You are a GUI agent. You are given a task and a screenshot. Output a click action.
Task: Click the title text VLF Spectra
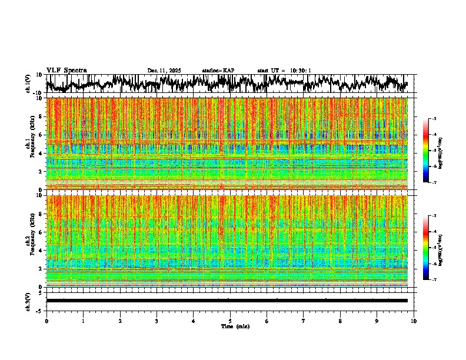[x=66, y=70]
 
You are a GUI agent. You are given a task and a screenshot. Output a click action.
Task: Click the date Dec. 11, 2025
[x=164, y=71]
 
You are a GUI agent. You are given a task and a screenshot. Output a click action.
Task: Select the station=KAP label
[x=218, y=71]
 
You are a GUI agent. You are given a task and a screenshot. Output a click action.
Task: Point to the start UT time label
[x=284, y=71]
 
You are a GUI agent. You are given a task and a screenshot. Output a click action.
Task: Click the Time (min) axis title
[x=235, y=326]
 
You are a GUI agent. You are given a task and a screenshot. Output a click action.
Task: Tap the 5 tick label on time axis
[x=230, y=321]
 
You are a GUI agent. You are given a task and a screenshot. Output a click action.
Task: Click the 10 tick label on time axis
[x=414, y=321]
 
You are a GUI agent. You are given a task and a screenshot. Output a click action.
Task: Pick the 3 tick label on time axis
[x=157, y=321]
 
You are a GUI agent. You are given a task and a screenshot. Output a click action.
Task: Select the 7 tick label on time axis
[x=304, y=321]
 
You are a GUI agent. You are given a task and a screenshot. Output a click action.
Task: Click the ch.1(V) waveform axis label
[x=28, y=84]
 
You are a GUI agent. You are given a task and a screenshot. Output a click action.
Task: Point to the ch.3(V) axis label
[x=28, y=301]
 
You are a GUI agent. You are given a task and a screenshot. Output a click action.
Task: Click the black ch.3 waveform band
[x=227, y=301]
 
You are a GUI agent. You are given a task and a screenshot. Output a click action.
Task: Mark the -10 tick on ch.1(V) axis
[x=38, y=93]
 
